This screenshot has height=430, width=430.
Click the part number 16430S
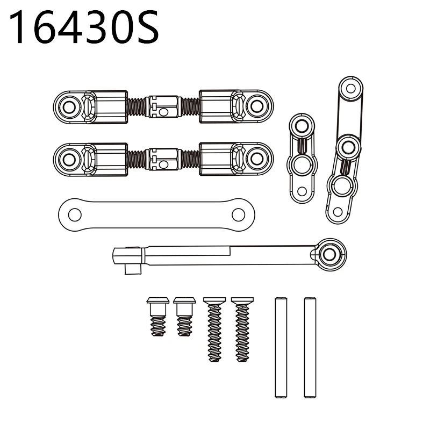pos(84,27)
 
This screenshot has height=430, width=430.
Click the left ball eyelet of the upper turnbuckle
pos(69,107)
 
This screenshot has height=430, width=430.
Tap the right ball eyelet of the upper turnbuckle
pos(257,106)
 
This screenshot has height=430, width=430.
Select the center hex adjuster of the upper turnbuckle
pos(163,106)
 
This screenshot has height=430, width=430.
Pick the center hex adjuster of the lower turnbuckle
pos(163,159)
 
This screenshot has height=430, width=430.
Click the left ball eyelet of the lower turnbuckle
pos(69,160)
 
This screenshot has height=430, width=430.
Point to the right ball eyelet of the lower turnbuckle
pos(257,159)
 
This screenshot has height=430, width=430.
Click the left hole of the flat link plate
pos(75,214)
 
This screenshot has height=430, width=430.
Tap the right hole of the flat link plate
pos(238,214)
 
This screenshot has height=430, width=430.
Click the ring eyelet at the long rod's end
pos(329,254)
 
